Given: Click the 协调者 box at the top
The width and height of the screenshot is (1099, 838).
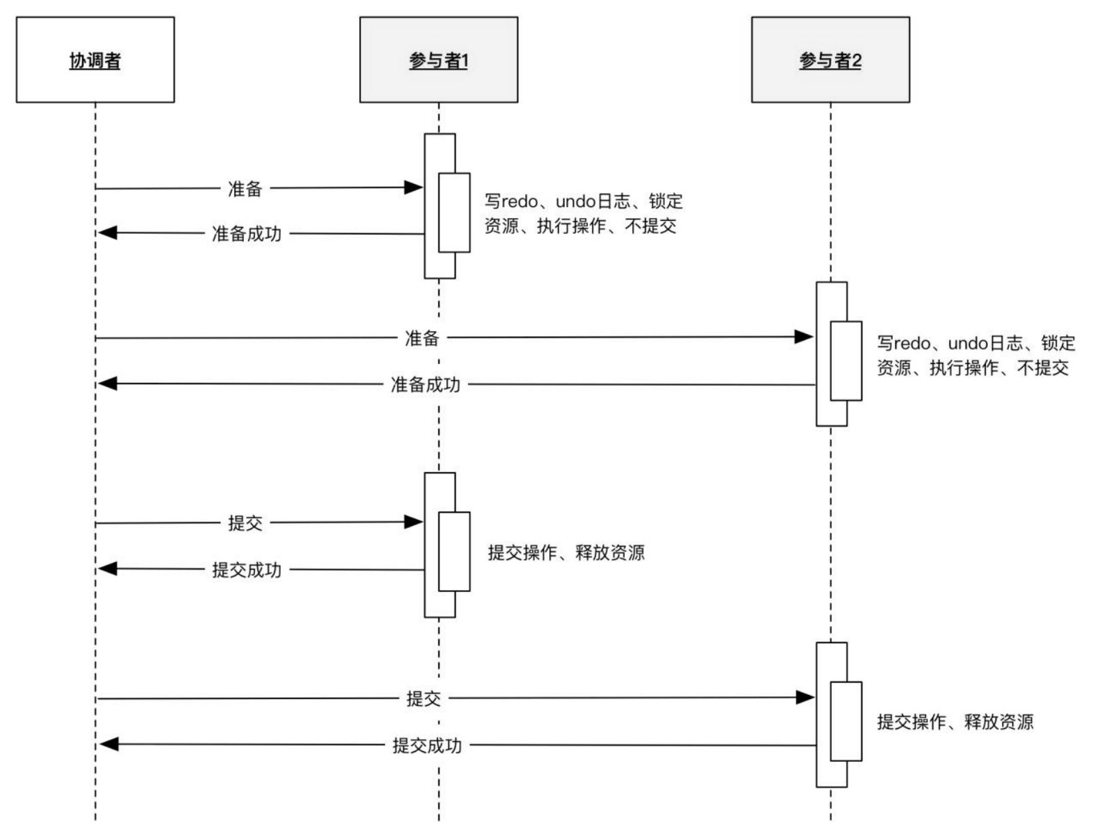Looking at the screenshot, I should tap(95, 60).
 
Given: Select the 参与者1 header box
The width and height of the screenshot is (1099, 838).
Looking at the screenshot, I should tap(438, 60).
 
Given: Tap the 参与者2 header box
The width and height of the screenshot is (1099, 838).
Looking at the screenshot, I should tap(830, 60).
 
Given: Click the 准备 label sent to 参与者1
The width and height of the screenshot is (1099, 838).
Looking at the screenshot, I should tap(245, 189).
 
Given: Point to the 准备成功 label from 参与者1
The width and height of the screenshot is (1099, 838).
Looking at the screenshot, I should tap(246, 234).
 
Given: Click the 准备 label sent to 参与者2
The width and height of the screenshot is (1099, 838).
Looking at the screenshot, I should tap(422, 338).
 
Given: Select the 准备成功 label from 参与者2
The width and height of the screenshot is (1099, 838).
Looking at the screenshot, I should tap(425, 384).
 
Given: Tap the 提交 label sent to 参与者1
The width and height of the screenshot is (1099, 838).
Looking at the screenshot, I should tap(245, 523).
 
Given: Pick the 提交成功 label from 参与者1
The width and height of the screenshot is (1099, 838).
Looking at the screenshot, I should tap(246, 570).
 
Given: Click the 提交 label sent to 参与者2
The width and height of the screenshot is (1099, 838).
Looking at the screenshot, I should tap(423, 698).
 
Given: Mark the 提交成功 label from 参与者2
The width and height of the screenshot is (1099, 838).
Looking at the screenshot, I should tap(427, 745).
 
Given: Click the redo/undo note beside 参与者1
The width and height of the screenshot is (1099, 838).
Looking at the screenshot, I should tap(583, 213).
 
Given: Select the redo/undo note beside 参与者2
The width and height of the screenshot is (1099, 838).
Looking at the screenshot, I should tap(975, 355).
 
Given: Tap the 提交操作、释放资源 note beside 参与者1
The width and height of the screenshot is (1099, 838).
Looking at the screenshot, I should tap(566, 553).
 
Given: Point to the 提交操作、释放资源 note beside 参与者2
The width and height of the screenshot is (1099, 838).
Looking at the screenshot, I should tap(955, 721).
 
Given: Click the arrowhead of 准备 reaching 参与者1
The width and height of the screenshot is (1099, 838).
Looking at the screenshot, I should tap(414, 187).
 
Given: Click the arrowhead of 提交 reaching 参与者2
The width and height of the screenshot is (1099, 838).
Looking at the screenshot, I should tap(805, 697).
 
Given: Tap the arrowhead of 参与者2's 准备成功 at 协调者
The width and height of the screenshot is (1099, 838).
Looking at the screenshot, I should tap(108, 384).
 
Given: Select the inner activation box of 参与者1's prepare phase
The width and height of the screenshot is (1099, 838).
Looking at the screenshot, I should tap(454, 213).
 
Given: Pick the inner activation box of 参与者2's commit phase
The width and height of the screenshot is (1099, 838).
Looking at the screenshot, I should tap(846, 721).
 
